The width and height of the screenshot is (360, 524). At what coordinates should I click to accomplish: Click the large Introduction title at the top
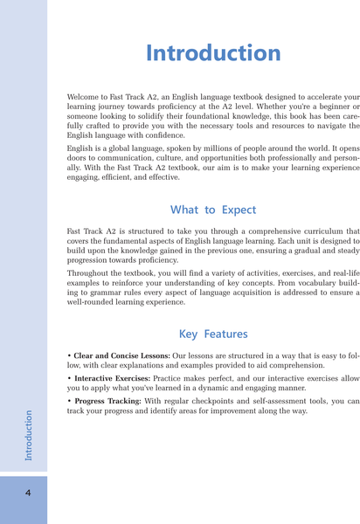(213, 52)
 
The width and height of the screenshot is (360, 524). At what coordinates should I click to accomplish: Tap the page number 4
(28, 493)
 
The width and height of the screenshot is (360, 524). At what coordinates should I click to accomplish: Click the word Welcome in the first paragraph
(85, 93)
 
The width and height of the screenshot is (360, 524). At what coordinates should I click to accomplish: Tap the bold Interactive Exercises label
(111, 379)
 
